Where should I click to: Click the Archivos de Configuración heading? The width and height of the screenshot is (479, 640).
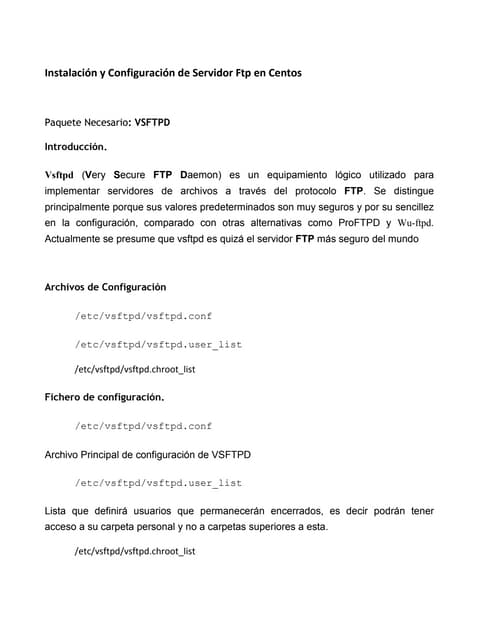point(105,287)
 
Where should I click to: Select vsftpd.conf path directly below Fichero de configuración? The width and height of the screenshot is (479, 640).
point(143,425)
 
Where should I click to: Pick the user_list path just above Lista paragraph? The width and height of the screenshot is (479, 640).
point(158,483)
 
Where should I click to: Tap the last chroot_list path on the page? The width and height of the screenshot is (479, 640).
point(135,551)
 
